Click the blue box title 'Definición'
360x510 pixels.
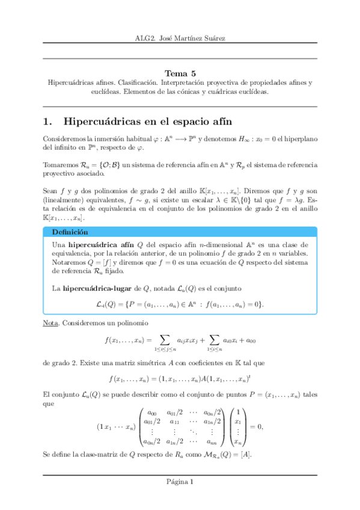70,232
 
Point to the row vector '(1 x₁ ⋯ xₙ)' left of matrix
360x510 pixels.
115,428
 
